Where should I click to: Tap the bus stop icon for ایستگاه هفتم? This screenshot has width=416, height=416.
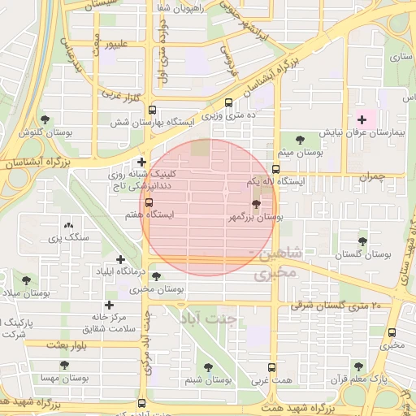[148, 203]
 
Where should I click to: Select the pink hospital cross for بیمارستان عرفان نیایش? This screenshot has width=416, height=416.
[362, 120]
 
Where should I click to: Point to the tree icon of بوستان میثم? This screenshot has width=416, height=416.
[301, 140]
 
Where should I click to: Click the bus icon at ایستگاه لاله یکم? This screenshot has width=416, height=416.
[276, 171]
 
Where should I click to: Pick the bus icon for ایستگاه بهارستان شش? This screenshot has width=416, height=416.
[153, 110]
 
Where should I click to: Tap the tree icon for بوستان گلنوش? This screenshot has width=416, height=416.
[44, 119]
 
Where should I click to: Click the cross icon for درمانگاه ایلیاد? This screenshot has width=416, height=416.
[121, 259]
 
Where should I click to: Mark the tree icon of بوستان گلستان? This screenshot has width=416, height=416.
[362, 240]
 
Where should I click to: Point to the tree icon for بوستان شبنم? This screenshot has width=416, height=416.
[208, 367]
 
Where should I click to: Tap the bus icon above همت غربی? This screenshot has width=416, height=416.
[271, 367]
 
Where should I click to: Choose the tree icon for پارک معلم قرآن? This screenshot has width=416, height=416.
[358, 366]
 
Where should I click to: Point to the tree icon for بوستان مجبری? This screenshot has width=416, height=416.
[156, 277]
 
